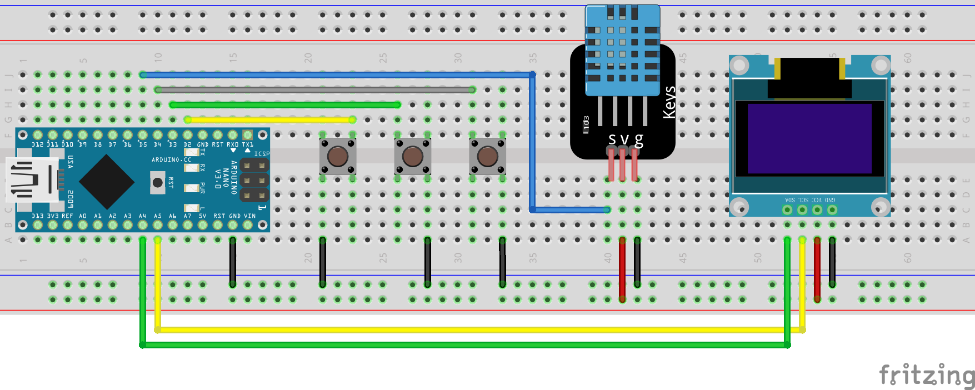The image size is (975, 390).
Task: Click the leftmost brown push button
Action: pyautogui.click(x=338, y=156)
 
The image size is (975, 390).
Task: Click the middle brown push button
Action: pyautogui.click(x=413, y=156)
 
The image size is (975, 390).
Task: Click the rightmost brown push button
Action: pyautogui.click(x=488, y=156)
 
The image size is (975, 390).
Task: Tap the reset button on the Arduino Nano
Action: pyautogui.click(x=158, y=182)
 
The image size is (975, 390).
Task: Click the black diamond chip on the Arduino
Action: pyautogui.click(x=107, y=182)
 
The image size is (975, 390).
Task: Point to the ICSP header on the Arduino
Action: pyautogui.click(x=254, y=179)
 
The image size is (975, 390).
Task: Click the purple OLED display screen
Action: pyautogui.click(x=809, y=139)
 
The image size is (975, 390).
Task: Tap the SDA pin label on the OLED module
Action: pyautogui.click(x=790, y=200)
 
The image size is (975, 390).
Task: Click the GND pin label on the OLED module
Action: pyautogui.click(x=830, y=200)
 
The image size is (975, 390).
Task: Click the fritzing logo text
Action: pyautogui.click(x=926, y=376)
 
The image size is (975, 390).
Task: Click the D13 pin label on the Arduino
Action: pyautogui.click(x=37, y=216)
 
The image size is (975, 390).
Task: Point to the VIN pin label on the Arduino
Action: pyautogui.click(x=250, y=216)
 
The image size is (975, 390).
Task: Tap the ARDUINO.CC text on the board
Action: pyautogui.click(x=171, y=160)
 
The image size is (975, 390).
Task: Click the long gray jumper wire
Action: pyautogui.click(x=316, y=89)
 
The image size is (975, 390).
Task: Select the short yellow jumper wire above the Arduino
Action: pyautogui.click(x=270, y=119)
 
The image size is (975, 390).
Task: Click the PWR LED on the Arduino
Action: pyautogui.click(x=192, y=188)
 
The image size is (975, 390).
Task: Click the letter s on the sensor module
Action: pyautogui.click(x=612, y=139)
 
